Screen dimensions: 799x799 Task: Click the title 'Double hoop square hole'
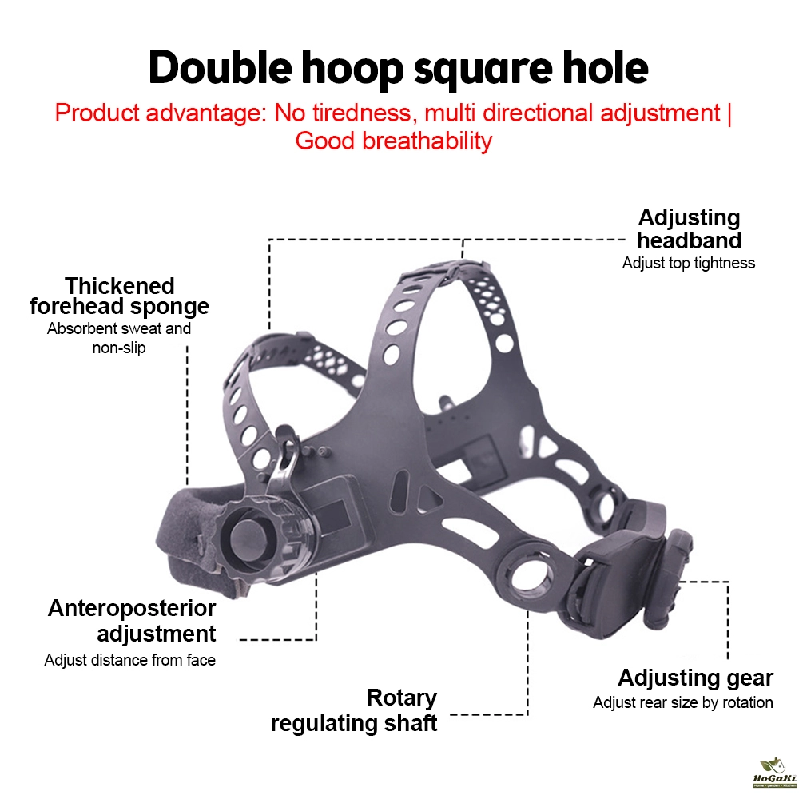click(x=399, y=68)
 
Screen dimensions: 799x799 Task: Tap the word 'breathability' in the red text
click(x=427, y=141)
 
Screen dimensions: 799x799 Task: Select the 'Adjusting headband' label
click(x=689, y=229)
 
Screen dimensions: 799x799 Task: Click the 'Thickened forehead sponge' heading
click(x=119, y=296)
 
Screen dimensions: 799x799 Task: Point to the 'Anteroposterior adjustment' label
click(x=132, y=621)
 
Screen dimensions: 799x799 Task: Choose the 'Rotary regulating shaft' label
click(x=354, y=710)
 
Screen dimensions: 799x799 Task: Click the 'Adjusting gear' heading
click(x=696, y=678)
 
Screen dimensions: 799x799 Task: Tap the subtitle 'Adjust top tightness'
click(x=689, y=263)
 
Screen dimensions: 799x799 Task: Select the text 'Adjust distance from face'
click(x=130, y=660)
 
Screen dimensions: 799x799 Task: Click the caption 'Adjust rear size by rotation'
click(x=683, y=702)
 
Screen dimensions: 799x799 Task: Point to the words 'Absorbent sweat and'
click(x=119, y=328)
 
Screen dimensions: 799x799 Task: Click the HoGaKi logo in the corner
click(x=774, y=773)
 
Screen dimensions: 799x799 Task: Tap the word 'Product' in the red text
click(x=97, y=113)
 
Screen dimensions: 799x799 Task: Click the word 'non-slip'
click(x=119, y=348)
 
